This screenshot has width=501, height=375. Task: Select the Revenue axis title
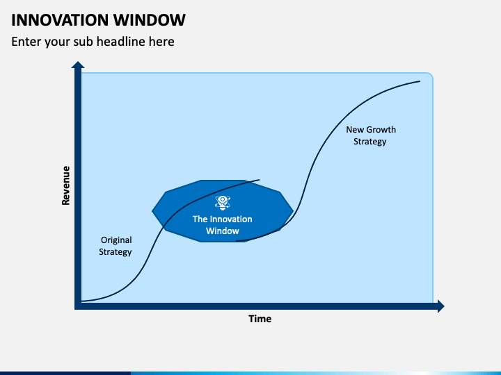tap(66, 185)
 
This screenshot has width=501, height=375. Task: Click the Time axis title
tap(260, 319)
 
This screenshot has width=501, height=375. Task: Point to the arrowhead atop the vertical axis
tap(78, 66)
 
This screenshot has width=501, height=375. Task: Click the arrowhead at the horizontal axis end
tap(440, 306)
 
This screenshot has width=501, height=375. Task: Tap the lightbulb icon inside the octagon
tap(223, 203)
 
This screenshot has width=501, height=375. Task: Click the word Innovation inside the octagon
tap(231, 219)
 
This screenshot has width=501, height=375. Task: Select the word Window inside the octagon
tap(223, 231)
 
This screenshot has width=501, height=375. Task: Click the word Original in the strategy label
tap(116, 240)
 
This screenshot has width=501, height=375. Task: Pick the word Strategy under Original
tap(116, 252)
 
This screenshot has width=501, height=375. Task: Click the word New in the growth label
tap(355, 130)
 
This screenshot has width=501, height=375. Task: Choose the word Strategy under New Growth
tap(369, 142)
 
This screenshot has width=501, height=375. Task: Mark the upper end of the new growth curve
tap(420, 81)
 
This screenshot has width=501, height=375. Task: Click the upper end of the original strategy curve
tap(259, 179)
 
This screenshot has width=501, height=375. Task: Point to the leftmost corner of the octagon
tap(152, 210)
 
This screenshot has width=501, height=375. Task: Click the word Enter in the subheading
tap(26, 42)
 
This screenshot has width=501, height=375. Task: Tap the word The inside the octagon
tap(200, 219)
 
